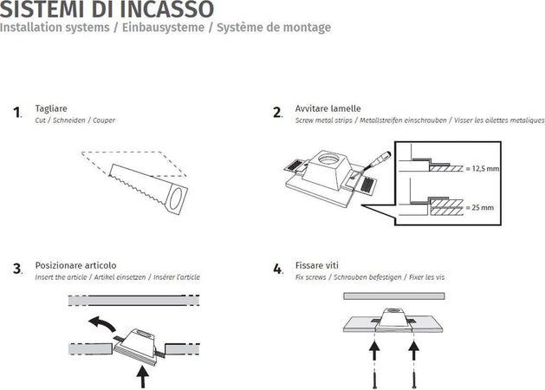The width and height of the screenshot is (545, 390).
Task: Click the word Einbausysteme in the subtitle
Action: pyautogui.click(x=170, y=28)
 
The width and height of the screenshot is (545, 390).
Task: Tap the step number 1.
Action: pyautogui.click(x=16, y=113)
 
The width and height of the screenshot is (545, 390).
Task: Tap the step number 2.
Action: pyautogui.click(x=277, y=113)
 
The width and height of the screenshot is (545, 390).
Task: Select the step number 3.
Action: pyautogui.click(x=17, y=269)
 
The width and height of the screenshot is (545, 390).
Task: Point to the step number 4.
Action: pyautogui.click(x=277, y=269)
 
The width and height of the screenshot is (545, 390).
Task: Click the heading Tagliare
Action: pyautogui.click(x=51, y=109)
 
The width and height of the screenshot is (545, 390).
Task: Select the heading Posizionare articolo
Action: pyautogui.click(x=75, y=265)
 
